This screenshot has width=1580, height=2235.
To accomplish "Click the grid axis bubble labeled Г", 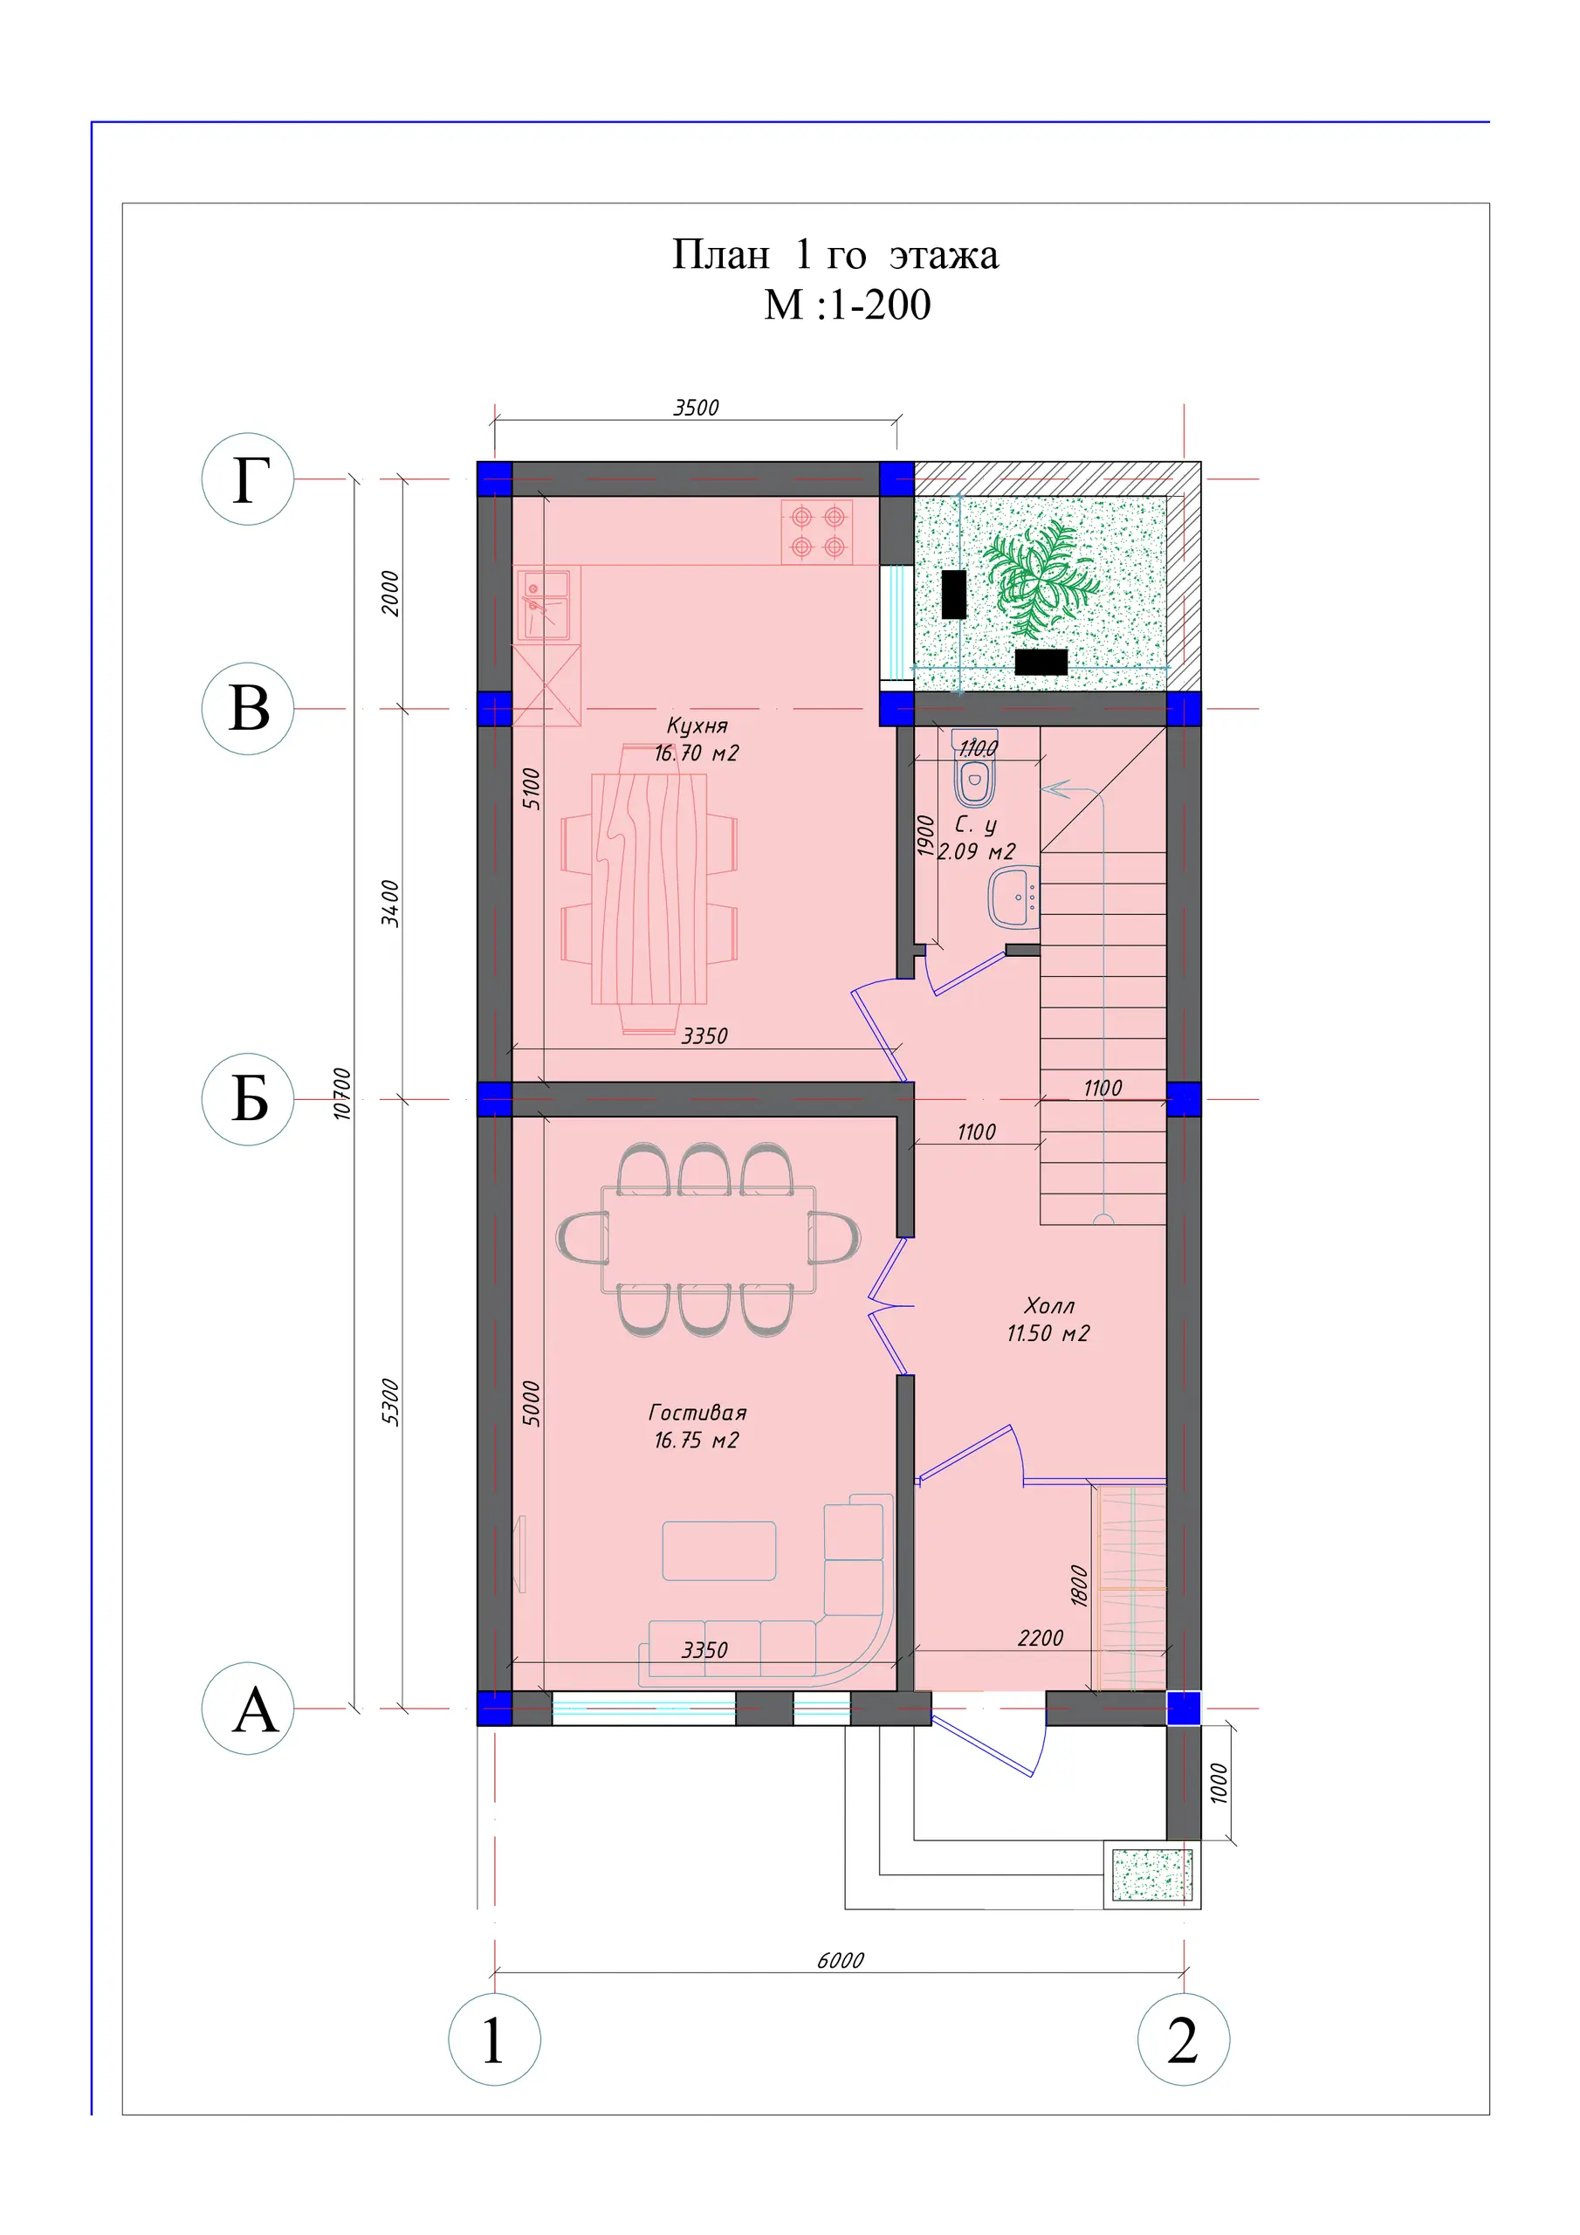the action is click(x=247, y=479).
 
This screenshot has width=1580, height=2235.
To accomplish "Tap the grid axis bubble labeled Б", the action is click(x=247, y=1099).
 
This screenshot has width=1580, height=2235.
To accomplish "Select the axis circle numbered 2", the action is click(x=1183, y=2039).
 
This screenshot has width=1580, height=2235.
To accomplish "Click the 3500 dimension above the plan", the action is click(x=696, y=408).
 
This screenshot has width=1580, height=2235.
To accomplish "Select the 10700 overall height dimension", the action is click(x=341, y=1093).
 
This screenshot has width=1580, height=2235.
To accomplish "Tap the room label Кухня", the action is click(x=697, y=726).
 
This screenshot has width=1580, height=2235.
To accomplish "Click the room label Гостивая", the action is click(x=697, y=1413).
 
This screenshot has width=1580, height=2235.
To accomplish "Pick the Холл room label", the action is click(x=1048, y=1306).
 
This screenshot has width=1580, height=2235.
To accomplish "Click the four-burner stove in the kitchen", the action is click(x=817, y=532).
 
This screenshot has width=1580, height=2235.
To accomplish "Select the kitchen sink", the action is click(x=543, y=606).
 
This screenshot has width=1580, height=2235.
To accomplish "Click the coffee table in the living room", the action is click(x=718, y=1551).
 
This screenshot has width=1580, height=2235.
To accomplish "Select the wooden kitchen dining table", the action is click(x=649, y=889).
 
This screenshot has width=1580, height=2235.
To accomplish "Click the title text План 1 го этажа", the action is click(x=835, y=255).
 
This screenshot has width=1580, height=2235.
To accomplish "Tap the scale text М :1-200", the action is click(x=847, y=305).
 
